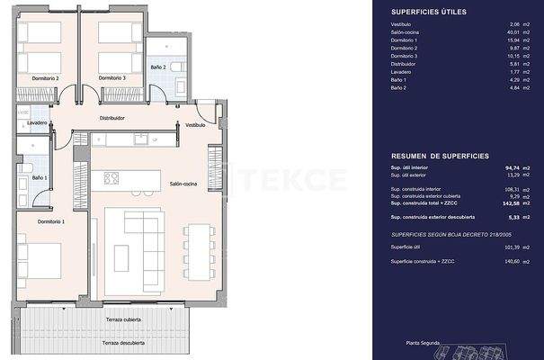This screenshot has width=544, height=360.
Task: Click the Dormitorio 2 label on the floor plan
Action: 45,78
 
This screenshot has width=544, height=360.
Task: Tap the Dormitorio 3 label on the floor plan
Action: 111,78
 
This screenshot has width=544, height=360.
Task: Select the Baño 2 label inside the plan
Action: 158,67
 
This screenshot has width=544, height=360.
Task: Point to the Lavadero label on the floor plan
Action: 37,122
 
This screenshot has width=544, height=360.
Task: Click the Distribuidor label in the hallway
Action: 111,118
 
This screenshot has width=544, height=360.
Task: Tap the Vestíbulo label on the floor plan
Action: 195,125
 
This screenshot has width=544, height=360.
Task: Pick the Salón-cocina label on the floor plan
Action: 183,183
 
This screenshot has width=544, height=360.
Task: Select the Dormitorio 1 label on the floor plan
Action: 50,220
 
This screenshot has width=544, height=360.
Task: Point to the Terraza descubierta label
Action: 124,343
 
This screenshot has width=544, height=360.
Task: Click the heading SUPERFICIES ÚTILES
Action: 427,11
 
